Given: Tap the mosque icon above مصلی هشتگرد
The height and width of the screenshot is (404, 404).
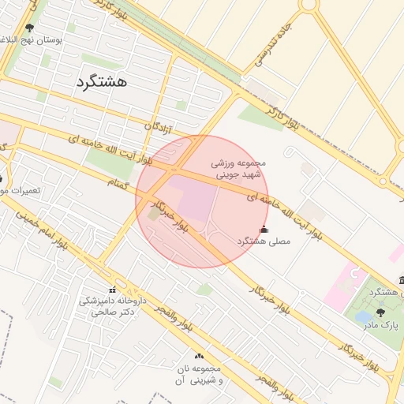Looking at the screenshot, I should [x=264, y=230].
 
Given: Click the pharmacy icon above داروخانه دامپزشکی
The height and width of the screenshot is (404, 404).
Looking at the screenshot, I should [x=112, y=290].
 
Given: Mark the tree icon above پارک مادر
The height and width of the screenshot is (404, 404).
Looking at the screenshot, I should [x=380, y=313].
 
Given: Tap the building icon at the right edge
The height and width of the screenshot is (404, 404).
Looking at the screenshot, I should [x=402, y=281].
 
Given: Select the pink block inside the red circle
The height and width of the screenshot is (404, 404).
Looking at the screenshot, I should [x=193, y=197].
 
